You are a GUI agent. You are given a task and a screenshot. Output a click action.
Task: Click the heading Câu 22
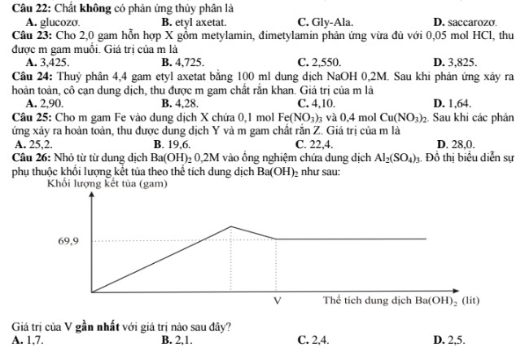[28, 7]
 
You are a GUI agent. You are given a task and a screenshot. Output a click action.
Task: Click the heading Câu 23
[28, 35]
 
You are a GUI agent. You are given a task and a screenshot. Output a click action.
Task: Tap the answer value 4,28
[186, 103]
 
